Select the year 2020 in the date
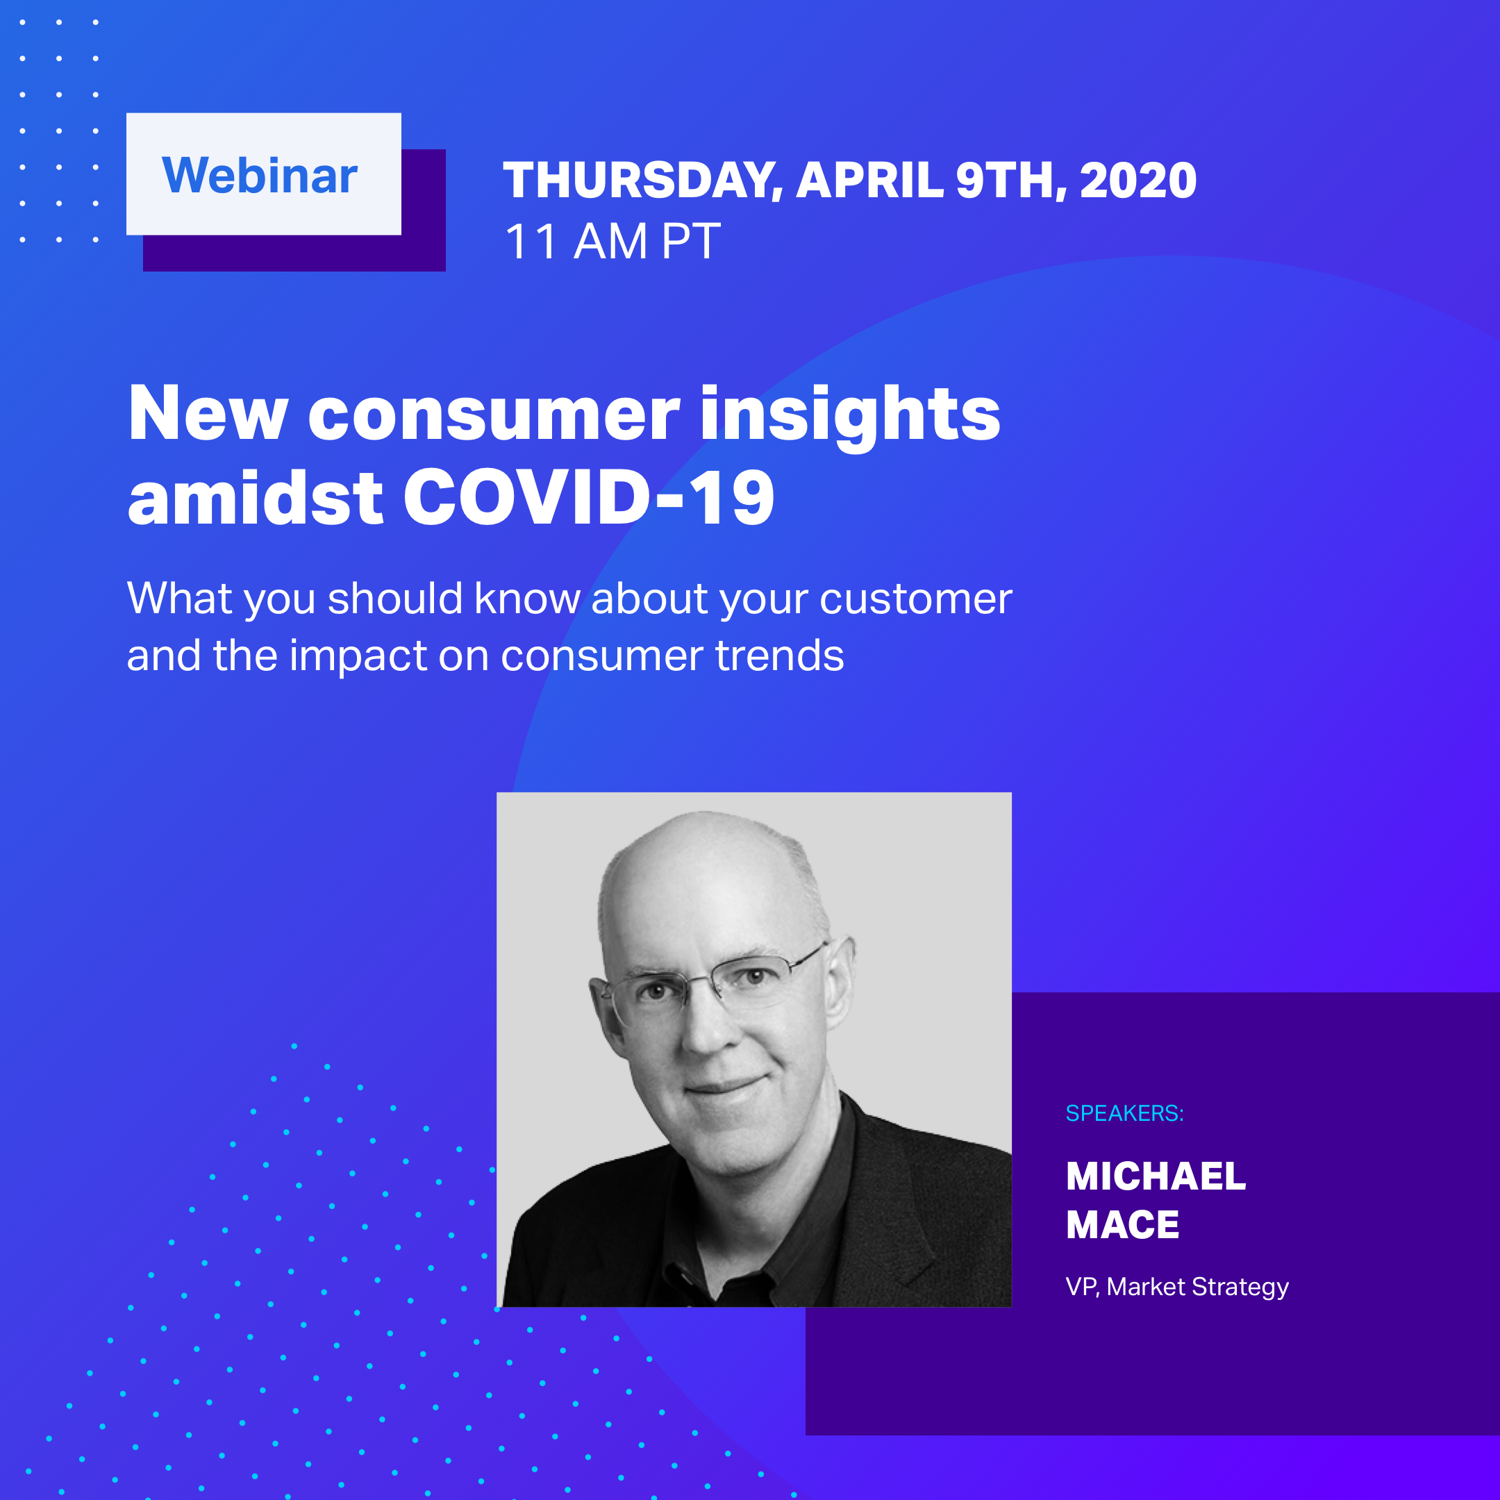click(1138, 180)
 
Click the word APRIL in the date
click(870, 180)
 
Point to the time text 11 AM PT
click(612, 241)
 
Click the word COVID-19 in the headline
click(588, 497)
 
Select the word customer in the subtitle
click(915, 599)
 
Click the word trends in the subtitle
click(779, 656)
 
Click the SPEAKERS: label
click(1124, 1113)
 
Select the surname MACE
click(1123, 1225)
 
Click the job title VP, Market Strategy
click(1177, 1287)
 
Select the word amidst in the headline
click(256, 497)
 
